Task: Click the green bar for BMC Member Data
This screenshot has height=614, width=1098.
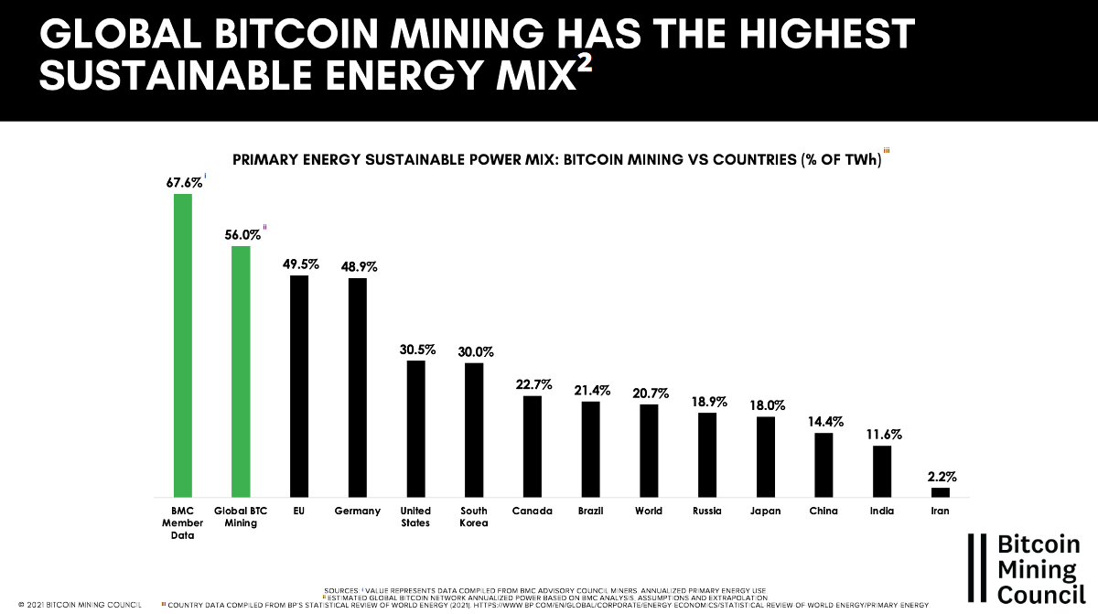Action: pyautogui.click(x=183, y=344)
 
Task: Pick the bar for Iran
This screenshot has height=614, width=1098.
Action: pyautogui.click(x=941, y=491)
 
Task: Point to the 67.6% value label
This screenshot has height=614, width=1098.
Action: pyautogui.click(x=184, y=182)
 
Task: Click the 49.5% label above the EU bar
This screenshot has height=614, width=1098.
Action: pyautogui.click(x=299, y=264)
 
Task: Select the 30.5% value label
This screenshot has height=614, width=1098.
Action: pyautogui.click(x=417, y=350)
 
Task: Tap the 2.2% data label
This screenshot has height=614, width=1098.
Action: pyautogui.click(x=941, y=476)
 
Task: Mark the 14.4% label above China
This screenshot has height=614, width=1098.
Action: pyautogui.click(x=824, y=422)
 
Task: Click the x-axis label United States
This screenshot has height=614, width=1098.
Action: pyautogui.click(x=416, y=517)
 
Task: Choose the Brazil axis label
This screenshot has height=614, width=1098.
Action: pyautogui.click(x=590, y=511)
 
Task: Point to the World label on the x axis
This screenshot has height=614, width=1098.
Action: pyautogui.click(x=649, y=511)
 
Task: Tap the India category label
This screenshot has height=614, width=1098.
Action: pyautogui.click(x=882, y=511)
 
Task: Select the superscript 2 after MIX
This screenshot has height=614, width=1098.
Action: pyautogui.click(x=584, y=69)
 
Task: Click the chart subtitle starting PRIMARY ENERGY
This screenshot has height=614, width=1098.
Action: pyautogui.click(x=556, y=159)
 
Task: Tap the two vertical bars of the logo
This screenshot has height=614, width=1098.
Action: pyautogui.click(x=980, y=567)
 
